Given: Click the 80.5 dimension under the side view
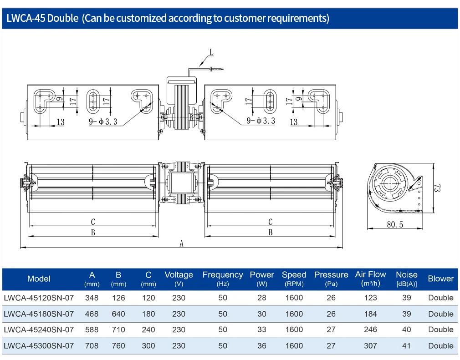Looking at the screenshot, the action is pyautogui.click(x=395, y=224).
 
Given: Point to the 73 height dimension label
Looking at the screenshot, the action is pyautogui.click(x=437, y=188).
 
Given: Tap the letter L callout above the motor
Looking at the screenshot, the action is pyautogui.click(x=211, y=52).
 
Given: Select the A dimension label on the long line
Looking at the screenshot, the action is pyautogui.click(x=181, y=243).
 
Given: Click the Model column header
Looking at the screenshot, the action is pyautogui.click(x=39, y=279).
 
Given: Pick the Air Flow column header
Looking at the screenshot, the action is pyautogui.click(x=371, y=279).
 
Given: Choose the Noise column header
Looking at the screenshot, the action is pyautogui.click(x=407, y=279).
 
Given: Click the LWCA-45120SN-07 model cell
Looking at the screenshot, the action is pyautogui.click(x=39, y=298).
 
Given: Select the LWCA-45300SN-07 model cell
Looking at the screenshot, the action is pyautogui.click(x=39, y=345).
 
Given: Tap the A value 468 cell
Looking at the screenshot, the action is pyautogui.click(x=92, y=314).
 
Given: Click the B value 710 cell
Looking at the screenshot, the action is pyautogui.click(x=118, y=330).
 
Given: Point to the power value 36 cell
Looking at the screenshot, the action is pyautogui.click(x=262, y=345).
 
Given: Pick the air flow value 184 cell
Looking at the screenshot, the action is pyautogui.click(x=371, y=314).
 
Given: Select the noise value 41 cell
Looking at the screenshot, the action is pyautogui.click(x=407, y=345).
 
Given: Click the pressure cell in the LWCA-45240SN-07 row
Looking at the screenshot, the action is pyautogui.click(x=331, y=330).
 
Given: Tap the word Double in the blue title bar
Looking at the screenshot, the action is pyautogui.click(x=63, y=18).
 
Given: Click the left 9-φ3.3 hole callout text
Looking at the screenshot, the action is pyautogui.click(x=103, y=122).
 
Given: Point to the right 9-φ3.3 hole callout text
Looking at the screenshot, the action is pyautogui.click(x=261, y=121).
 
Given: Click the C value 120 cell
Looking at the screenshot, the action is pyautogui.click(x=148, y=298).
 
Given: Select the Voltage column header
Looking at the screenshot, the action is pyautogui.click(x=179, y=279).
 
